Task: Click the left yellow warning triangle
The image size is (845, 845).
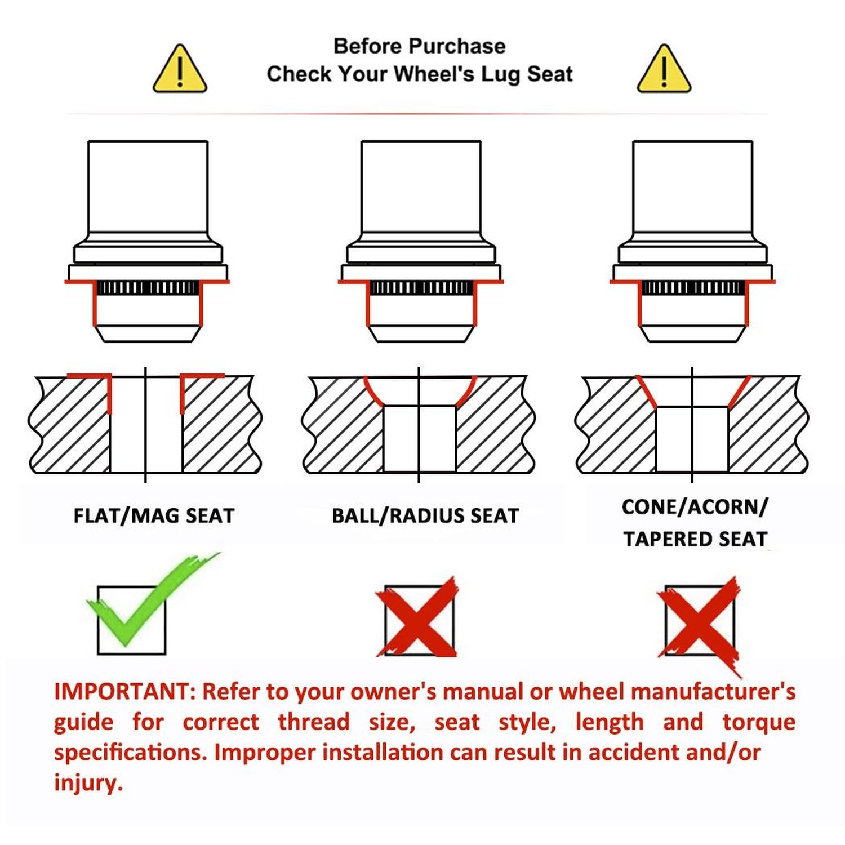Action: click(180, 69)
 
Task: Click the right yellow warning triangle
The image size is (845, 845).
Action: click(664, 69)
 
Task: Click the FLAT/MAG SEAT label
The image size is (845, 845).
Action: click(154, 516)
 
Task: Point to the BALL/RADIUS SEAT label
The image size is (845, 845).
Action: click(425, 516)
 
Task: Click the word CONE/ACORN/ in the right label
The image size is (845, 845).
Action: click(695, 507)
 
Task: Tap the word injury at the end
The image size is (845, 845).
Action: click(88, 783)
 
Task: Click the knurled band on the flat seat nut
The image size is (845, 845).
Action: click(148, 288)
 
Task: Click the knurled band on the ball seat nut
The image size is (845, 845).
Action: click(421, 288)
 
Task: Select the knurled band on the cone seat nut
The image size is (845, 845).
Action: click(693, 288)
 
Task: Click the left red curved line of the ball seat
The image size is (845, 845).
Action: click(373, 393)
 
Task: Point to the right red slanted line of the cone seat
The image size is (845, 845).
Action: click(740, 392)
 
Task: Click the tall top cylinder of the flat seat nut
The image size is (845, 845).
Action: click(148, 187)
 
